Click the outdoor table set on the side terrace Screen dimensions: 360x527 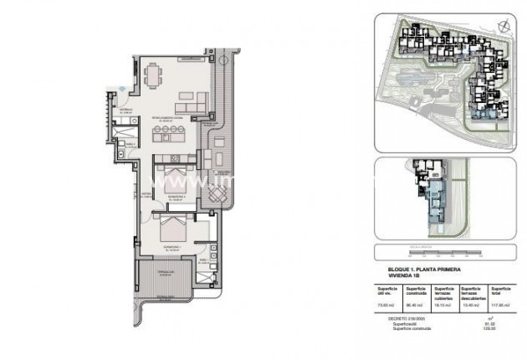[215, 194]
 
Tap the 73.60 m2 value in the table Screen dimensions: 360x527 [386, 306]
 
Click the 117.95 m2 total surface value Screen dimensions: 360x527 [500, 306]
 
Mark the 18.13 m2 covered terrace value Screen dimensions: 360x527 [443, 306]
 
